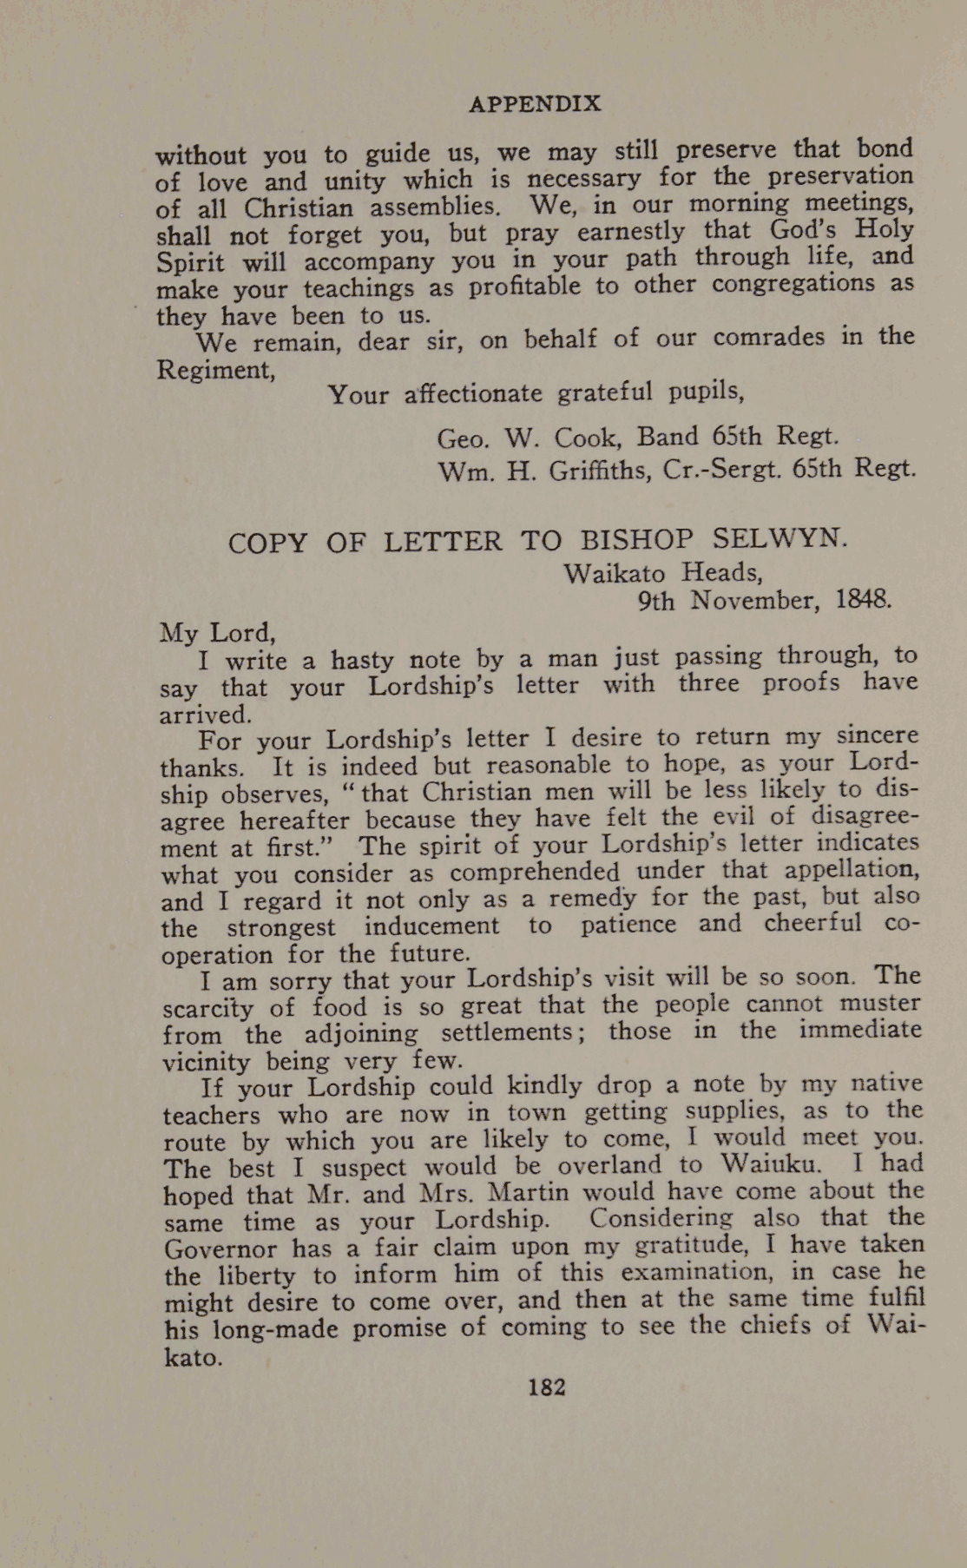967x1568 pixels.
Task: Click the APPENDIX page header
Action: [535, 104]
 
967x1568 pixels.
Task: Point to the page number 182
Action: [547, 1387]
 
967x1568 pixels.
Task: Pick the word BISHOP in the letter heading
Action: [636, 540]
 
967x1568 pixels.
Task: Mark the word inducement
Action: [431, 926]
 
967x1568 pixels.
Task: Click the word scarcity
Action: [208, 1008]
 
